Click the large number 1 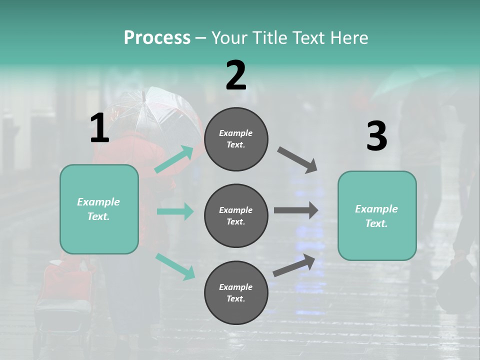coord(99,128)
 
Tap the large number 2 coord(236,75)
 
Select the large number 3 coord(376,136)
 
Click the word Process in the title coord(157,37)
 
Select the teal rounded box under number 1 coord(99,209)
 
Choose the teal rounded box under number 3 coord(377,216)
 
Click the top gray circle coord(236,139)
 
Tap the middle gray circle coord(236,216)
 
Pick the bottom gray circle coord(236,293)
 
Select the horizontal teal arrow coord(175,211)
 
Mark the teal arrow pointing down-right coord(175,266)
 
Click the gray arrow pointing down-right coord(297,160)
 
